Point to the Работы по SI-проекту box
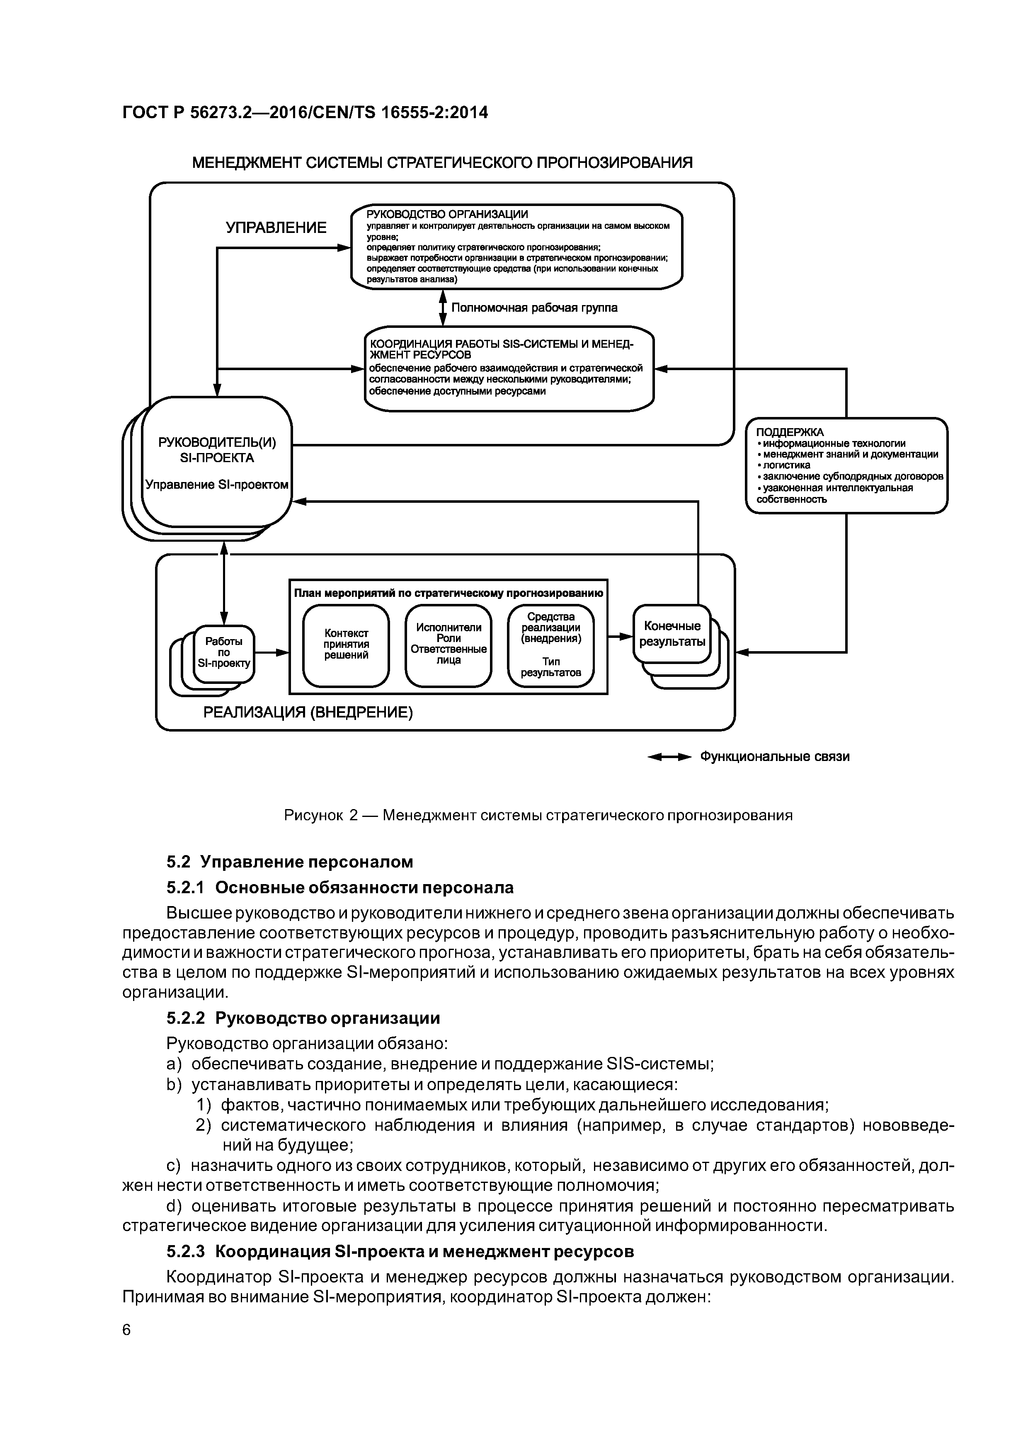(223, 653)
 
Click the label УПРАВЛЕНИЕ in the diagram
(276, 228)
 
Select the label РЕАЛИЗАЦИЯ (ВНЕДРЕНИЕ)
(308, 713)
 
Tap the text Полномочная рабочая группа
(534, 308)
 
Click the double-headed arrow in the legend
(669, 757)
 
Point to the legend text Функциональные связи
(774, 757)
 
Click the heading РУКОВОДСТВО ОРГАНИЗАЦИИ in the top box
(447, 215)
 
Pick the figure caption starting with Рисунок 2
(538, 815)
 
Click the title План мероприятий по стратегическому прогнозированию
(448, 594)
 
